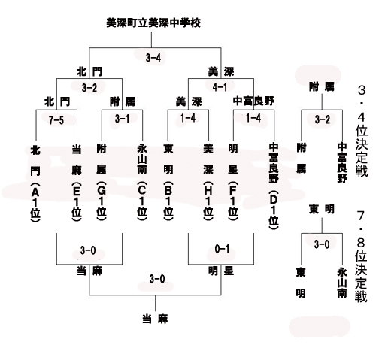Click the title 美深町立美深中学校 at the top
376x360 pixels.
(x=153, y=23)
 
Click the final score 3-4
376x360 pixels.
(x=153, y=58)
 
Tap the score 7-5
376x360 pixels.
(x=56, y=120)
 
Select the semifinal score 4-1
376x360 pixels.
(x=220, y=87)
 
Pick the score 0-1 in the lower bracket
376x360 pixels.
(x=222, y=249)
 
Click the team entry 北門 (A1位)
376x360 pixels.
(x=35, y=183)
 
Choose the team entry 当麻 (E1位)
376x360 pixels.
(x=77, y=183)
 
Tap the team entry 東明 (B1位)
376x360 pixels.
(x=168, y=183)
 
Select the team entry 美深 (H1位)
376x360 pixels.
(x=208, y=183)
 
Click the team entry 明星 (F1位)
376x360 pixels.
(x=233, y=183)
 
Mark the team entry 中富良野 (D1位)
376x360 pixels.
(x=274, y=186)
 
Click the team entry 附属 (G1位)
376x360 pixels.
(x=102, y=183)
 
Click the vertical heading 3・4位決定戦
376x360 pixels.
(x=362, y=131)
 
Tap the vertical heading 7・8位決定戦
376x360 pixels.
(x=361, y=256)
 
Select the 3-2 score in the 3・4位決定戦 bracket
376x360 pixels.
(x=323, y=119)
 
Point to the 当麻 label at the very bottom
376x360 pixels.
(x=155, y=319)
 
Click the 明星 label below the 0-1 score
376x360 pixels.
(x=221, y=271)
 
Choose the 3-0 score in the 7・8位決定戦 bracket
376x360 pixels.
(x=322, y=244)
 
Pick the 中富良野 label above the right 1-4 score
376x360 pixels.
(x=253, y=101)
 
